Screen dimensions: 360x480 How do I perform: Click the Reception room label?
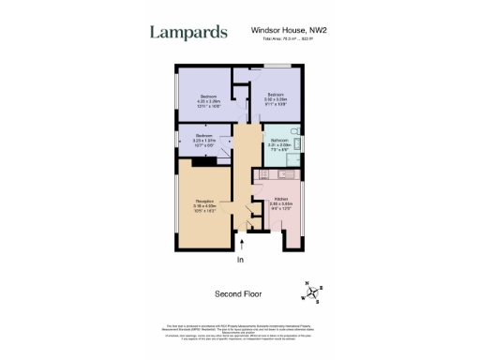(x=203, y=201)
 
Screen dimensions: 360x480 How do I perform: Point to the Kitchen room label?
(x=280, y=198)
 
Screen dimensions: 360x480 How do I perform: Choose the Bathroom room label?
(x=279, y=140)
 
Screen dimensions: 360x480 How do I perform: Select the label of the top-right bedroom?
(x=274, y=95)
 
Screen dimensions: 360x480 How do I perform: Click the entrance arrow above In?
(x=241, y=246)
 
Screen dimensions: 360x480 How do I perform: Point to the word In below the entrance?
(x=240, y=260)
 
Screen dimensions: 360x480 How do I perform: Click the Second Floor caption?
(x=239, y=293)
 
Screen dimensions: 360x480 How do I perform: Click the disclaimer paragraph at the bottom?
(x=239, y=334)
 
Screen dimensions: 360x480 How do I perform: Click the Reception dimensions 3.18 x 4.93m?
(x=203, y=207)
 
